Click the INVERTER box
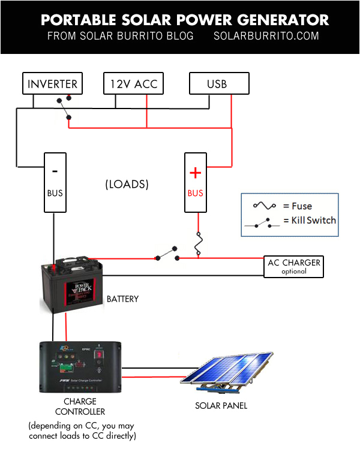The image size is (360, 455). [52, 84]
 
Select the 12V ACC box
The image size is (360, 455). [133, 84]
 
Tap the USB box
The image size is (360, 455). [217, 84]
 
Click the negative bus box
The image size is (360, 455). [55, 182]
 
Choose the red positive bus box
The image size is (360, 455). [195, 182]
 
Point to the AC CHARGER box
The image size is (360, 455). [293, 266]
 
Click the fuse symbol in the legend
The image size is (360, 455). [265, 205]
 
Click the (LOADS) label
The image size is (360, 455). [127, 184]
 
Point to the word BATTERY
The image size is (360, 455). [122, 299]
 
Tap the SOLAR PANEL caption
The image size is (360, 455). [221, 406]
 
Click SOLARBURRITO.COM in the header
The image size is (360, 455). [266, 36]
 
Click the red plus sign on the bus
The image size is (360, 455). [195, 173]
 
